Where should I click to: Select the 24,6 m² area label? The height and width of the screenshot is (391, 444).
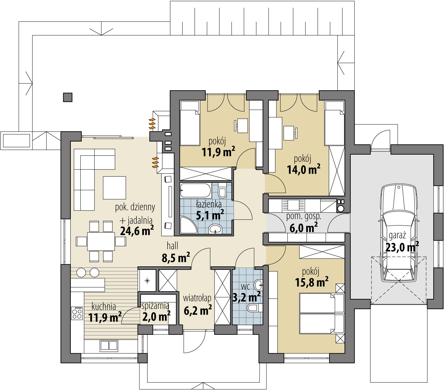pos(137,231)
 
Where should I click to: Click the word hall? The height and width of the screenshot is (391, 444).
pos(172,246)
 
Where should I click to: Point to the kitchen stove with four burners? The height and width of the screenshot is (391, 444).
pos(77,313)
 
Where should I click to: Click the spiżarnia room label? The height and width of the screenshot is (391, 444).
pos(155,306)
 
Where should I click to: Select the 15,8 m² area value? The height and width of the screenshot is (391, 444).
pos(312,283)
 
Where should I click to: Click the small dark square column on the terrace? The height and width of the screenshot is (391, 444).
pos(68,97)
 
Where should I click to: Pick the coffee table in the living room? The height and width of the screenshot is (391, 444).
pos(114,187)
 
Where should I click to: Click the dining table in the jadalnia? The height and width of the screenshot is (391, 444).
pos(101,241)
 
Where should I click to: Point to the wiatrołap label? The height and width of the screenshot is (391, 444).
pos(197,298)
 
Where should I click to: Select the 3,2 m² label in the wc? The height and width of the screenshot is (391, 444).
pos(246,297)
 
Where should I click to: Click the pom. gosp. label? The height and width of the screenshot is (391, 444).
pos(304,216)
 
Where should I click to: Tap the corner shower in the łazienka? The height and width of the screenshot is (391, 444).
pos(188,225)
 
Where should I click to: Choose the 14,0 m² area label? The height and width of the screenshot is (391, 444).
pos(304,169)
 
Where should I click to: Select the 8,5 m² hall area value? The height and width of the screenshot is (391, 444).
pos(176,258)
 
